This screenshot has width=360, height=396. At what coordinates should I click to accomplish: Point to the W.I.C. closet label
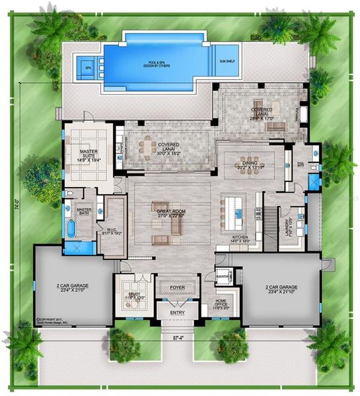109,231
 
